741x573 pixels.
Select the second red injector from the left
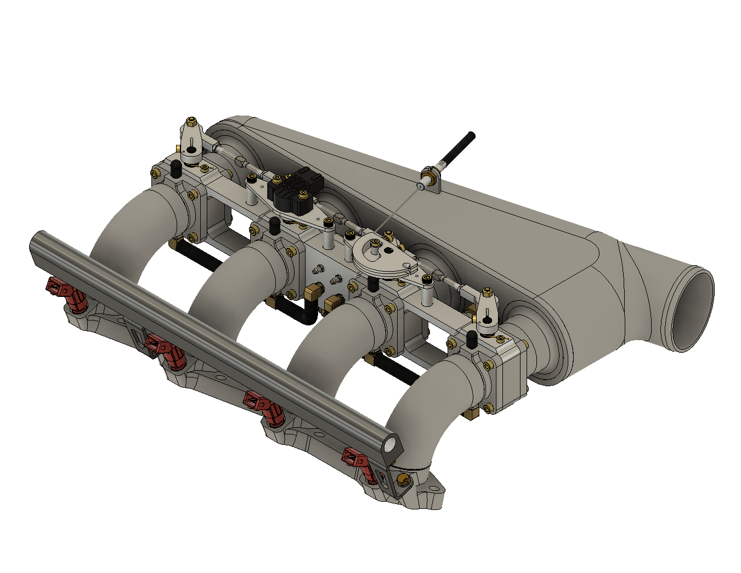(164, 351)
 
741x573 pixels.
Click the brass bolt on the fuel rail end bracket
(404, 480)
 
